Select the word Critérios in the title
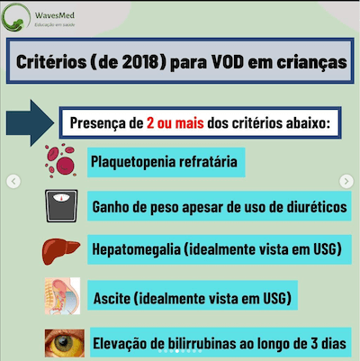point(49,63)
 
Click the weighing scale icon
point(62,206)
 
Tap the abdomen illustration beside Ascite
point(62,295)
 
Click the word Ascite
point(112,296)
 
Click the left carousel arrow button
point(13,181)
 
